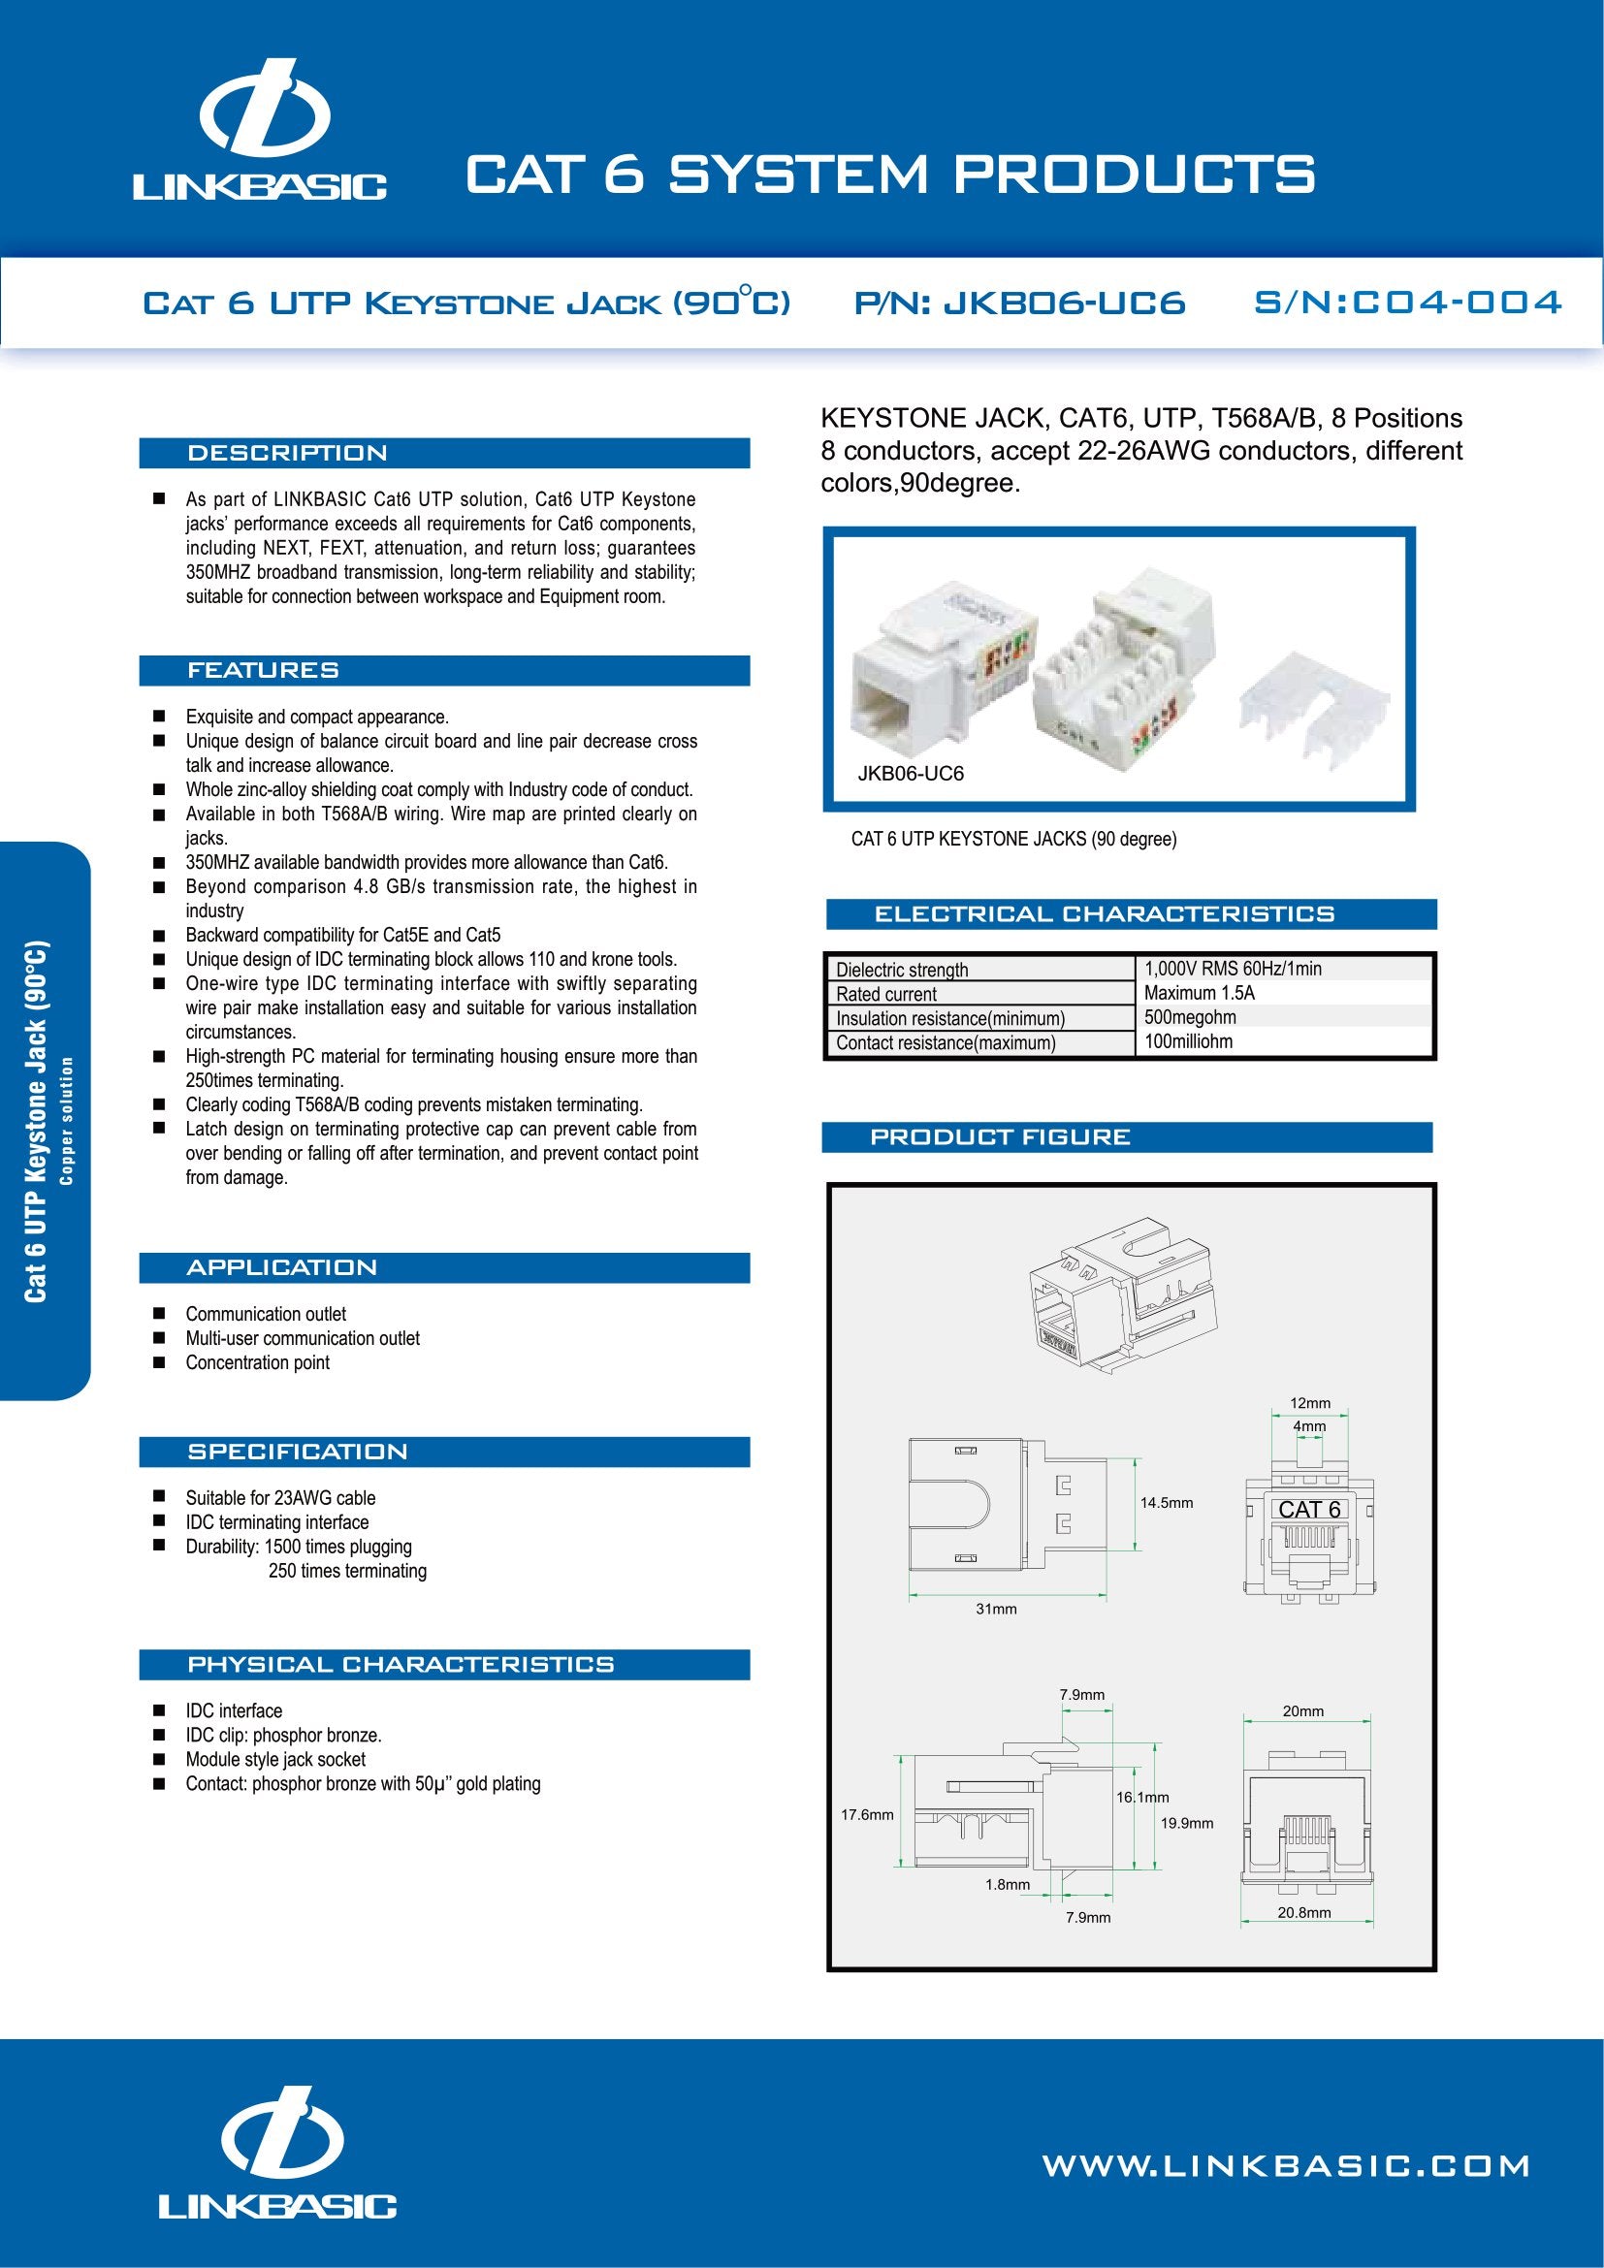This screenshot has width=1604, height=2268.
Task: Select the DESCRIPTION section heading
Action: click(x=287, y=454)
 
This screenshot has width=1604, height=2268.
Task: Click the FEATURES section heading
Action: click(x=263, y=671)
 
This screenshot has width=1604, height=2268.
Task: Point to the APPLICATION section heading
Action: click(x=281, y=1267)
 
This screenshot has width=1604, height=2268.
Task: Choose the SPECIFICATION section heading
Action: click(x=298, y=1452)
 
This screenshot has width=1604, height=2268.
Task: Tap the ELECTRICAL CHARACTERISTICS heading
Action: click(x=1104, y=914)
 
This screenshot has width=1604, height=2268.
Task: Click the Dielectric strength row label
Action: click(x=902, y=970)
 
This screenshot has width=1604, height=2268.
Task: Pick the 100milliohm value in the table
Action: click(x=1188, y=1041)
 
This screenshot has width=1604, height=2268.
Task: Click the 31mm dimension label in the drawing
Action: click(x=996, y=1610)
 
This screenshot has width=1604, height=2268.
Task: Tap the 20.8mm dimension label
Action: click(x=1303, y=1912)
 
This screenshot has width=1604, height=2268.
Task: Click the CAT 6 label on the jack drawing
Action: click(x=1308, y=1510)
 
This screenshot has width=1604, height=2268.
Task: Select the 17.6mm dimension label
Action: click(x=866, y=1814)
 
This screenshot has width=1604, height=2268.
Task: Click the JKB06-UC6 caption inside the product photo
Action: click(x=910, y=774)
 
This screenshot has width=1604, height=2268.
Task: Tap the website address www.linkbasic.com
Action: click(x=1286, y=2166)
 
